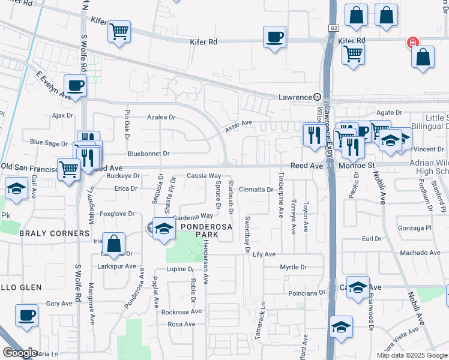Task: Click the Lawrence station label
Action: (296, 97)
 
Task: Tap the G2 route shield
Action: (334, 28)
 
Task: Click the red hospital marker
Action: (412, 43)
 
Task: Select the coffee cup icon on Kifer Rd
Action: (274, 37)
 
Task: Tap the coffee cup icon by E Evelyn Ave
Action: (76, 86)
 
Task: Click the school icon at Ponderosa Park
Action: (163, 229)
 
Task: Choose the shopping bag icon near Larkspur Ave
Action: (113, 244)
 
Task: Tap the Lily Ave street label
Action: (264, 254)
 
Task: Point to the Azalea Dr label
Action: (161, 118)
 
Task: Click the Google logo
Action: (20, 352)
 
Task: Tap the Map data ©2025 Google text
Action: (412, 355)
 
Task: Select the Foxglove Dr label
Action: (117, 214)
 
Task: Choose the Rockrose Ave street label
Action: (181, 312)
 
